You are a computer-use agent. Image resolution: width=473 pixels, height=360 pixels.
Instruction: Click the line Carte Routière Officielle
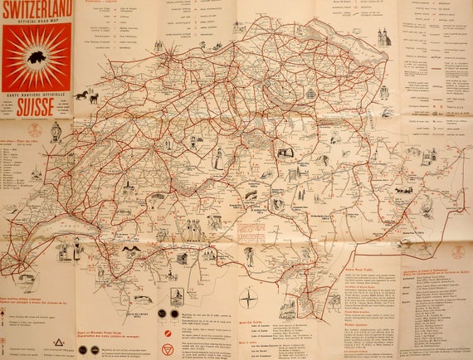click(x=33, y=95)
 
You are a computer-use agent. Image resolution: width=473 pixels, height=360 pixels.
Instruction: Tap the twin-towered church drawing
click(x=383, y=38)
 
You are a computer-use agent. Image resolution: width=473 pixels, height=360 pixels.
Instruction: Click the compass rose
click(x=249, y=299)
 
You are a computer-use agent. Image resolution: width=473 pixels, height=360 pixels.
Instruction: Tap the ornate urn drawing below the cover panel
click(x=56, y=133)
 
